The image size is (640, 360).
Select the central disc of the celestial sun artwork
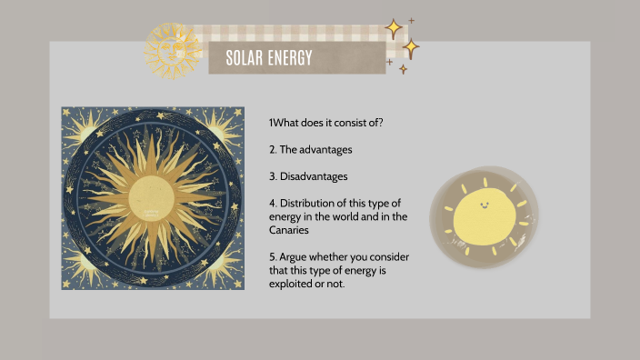coord(152,199)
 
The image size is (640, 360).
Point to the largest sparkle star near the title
coord(411,47)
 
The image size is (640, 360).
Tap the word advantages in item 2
coord(326,148)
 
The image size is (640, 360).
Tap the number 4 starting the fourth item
coord(272,203)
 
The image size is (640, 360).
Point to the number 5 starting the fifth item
coord(272,257)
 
